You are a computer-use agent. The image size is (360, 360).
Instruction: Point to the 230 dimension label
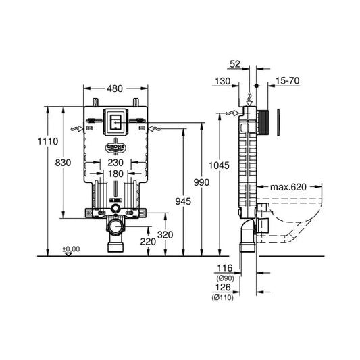(115, 163)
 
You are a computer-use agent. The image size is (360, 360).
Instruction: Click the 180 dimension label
(115, 174)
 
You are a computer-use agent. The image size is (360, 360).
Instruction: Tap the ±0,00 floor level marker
(71, 249)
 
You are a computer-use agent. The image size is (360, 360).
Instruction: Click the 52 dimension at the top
(234, 64)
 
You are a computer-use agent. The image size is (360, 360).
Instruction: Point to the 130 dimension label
(223, 81)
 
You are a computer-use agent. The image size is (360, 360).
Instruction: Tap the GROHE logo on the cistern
(115, 146)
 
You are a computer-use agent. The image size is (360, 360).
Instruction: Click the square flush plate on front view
(115, 121)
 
